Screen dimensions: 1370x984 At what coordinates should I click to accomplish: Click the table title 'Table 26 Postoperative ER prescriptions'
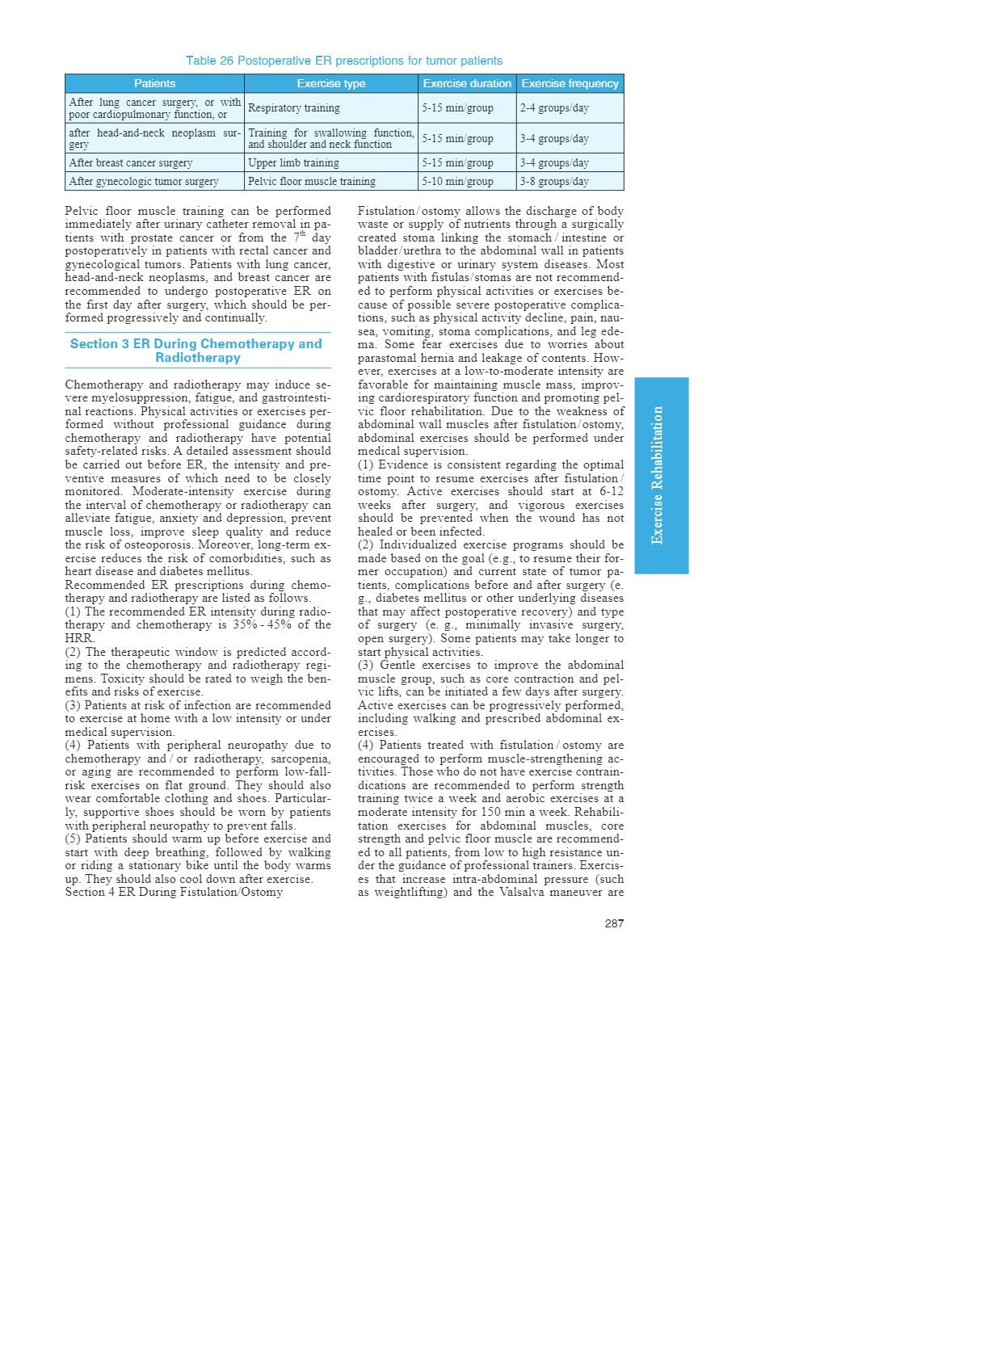344,61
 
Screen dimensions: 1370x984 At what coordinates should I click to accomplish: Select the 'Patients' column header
154,83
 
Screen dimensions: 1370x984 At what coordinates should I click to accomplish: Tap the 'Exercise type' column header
331,83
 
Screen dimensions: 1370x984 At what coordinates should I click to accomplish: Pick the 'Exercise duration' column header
467,83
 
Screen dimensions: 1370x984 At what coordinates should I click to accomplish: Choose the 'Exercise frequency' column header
570,83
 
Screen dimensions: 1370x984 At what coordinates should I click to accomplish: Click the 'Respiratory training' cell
294,108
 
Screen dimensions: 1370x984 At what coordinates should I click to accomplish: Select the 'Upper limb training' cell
293,163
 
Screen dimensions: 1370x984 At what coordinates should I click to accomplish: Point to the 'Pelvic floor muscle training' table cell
312,182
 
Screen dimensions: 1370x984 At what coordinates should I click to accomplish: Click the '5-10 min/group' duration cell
457,182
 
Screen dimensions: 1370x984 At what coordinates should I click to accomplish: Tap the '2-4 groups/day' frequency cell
554,108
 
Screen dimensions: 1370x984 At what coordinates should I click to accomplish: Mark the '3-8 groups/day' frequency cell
554,182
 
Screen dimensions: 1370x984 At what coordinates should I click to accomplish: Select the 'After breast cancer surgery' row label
131,163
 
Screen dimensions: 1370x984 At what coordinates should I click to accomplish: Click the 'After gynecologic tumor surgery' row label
144,182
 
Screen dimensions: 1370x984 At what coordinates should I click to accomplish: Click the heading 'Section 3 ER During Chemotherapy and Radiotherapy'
196,351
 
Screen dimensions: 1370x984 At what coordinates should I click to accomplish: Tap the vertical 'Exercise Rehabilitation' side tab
661,475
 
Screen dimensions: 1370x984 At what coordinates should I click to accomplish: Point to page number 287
614,923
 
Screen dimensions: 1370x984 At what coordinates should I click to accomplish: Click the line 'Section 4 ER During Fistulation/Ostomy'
174,893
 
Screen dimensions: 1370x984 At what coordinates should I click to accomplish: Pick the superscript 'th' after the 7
303,234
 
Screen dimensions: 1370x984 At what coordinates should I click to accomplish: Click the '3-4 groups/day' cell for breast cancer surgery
554,163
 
